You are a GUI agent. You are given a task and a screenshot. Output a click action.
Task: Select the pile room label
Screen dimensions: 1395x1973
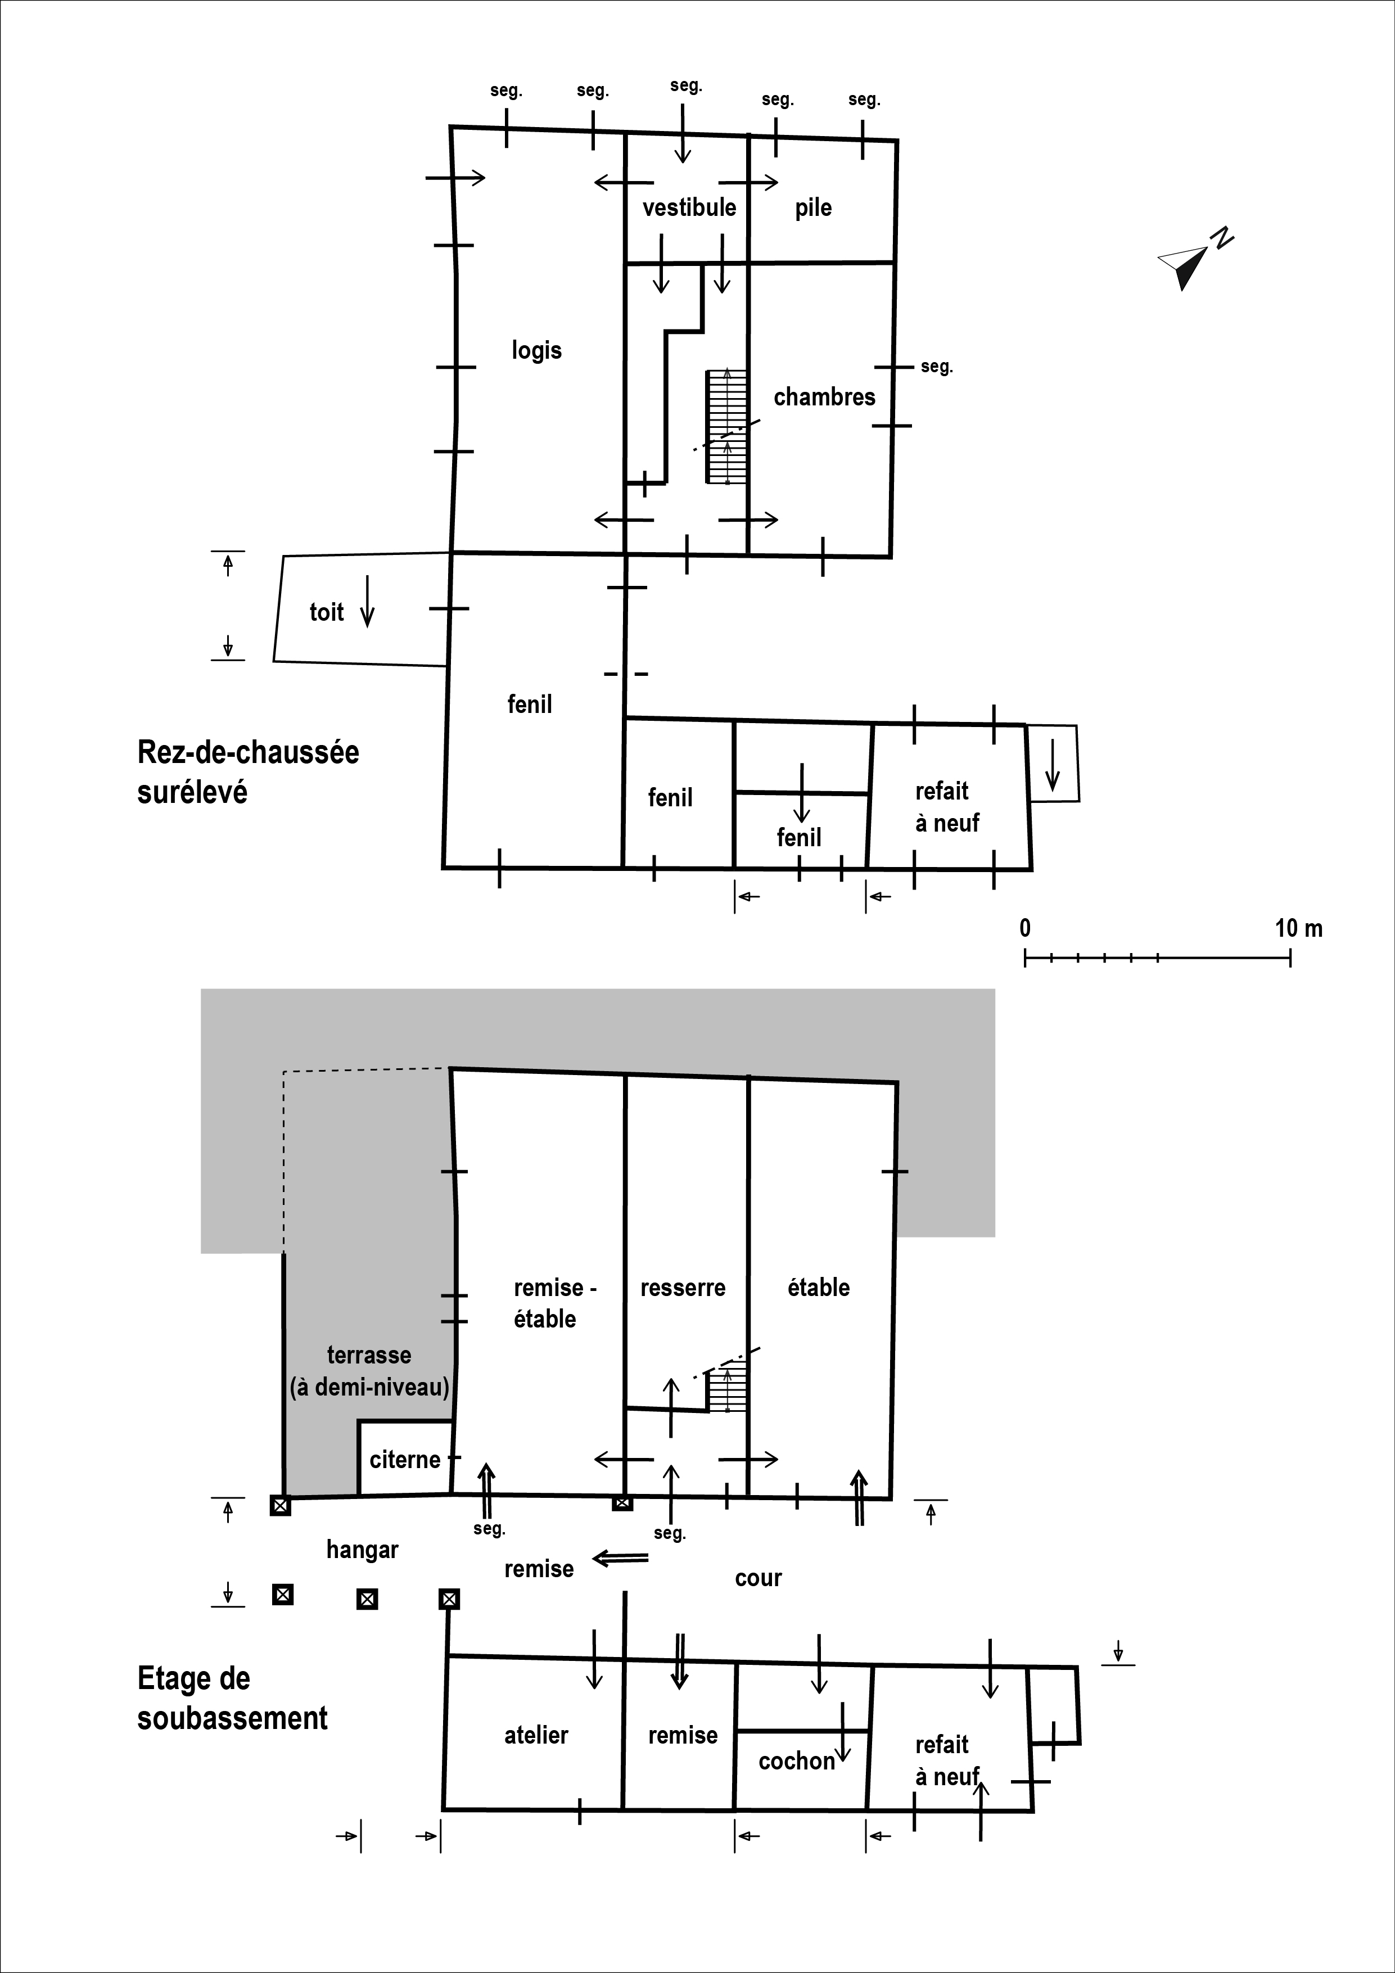(813, 208)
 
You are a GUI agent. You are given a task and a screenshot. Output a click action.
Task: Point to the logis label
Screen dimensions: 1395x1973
(536, 351)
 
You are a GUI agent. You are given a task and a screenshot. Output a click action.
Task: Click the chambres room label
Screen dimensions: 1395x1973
(824, 397)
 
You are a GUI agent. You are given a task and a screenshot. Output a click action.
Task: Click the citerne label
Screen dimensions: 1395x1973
(405, 1459)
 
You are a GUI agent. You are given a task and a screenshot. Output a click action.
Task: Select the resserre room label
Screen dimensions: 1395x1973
(683, 1287)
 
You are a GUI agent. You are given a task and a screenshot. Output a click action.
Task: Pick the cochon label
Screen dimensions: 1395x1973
(797, 1761)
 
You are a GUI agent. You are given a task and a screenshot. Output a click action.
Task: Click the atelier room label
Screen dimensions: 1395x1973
(536, 1735)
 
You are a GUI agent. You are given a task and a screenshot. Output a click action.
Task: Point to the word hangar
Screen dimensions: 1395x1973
(362, 1550)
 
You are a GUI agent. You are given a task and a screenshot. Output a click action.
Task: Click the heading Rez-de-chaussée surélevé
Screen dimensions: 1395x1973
(247, 771)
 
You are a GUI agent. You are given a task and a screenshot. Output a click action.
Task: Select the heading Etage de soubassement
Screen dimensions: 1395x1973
(232, 1698)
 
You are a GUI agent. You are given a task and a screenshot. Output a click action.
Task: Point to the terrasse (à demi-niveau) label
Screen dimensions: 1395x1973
(369, 1371)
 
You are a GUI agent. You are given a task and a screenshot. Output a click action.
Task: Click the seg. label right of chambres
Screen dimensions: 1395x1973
(937, 367)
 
